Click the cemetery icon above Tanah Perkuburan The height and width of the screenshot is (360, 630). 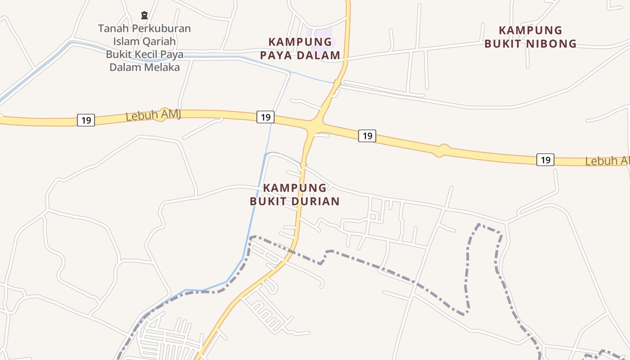pyautogui.click(x=144, y=15)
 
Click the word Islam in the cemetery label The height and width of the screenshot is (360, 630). pyautogui.click(x=125, y=42)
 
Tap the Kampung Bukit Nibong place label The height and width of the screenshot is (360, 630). pyautogui.click(x=531, y=37)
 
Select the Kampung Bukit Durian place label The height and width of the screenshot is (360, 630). pyautogui.click(x=295, y=194)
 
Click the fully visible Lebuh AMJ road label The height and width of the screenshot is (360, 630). pyautogui.click(x=153, y=115)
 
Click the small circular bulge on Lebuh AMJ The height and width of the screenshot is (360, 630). pyautogui.click(x=443, y=150)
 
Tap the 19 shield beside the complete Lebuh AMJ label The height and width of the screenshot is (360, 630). pyautogui.click(x=86, y=120)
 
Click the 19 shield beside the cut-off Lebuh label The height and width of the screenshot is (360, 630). pyautogui.click(x=545, y=160)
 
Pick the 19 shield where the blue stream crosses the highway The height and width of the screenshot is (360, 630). pyautogui.click(x=265, y=117)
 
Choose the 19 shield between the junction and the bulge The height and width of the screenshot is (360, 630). pyautogui.click(x=367, y=135)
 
